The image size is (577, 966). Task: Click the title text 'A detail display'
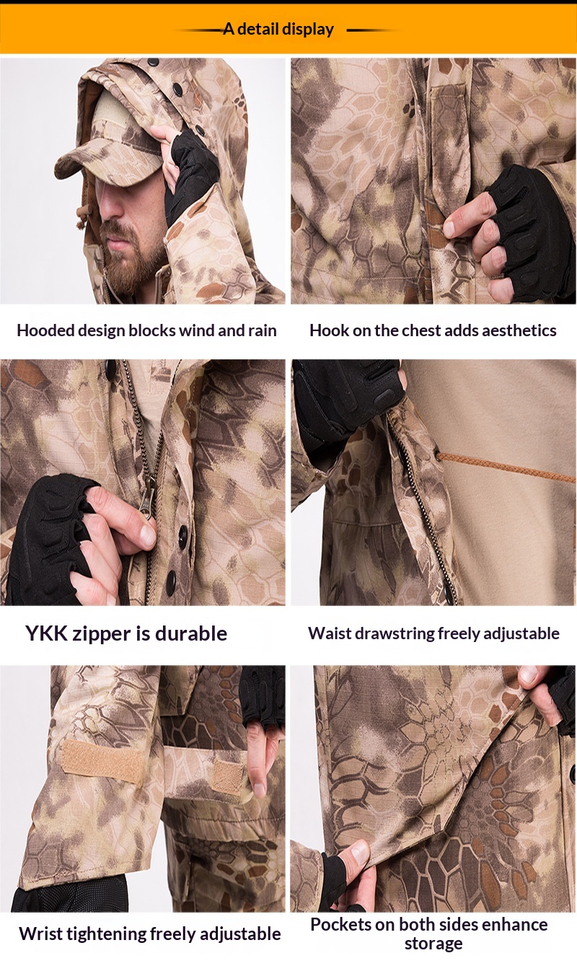pyautogui.click(x=278, y=30)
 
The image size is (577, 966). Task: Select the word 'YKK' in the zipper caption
pyautogui.click(x=47, y=633)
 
